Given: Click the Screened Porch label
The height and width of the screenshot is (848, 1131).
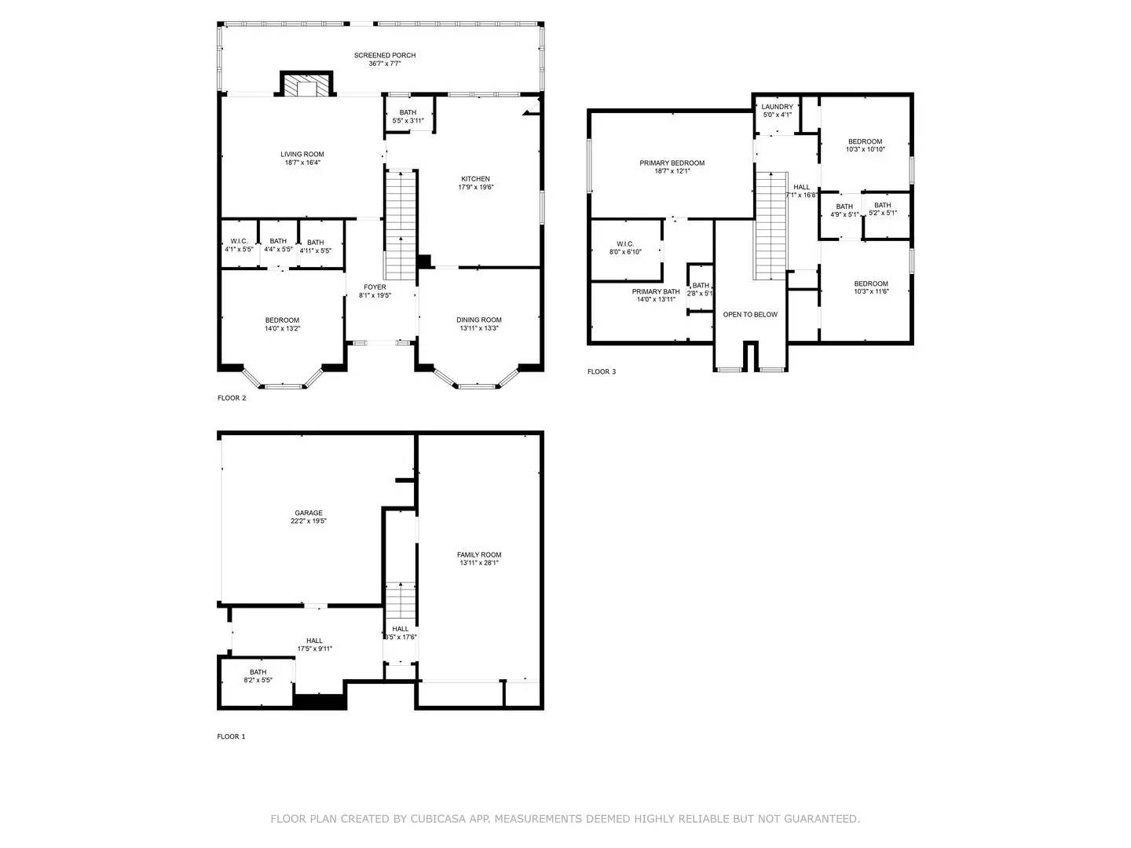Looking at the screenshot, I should (385, 56).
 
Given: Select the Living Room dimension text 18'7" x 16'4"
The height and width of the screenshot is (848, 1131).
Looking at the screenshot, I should (302, 163).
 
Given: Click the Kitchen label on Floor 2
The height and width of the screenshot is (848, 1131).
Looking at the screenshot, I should (475, 179).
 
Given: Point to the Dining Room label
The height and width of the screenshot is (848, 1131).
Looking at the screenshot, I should (479, 320).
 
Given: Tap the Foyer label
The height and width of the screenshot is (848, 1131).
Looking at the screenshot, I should (375, 287).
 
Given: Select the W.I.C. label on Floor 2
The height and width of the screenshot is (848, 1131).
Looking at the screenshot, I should (239, 241).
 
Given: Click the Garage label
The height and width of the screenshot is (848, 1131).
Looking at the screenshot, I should (309, 513).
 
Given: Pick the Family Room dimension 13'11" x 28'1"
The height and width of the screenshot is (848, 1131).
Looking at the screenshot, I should (479, 563).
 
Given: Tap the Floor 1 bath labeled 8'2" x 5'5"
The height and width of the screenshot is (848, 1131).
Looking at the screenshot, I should (258, 676).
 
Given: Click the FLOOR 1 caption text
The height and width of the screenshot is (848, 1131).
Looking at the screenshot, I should (231, 737).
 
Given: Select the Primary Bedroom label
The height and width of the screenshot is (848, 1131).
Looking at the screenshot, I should (672, 163).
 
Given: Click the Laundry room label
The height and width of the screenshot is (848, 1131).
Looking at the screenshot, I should (777, 107).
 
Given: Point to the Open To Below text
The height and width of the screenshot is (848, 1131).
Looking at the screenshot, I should (750, 314).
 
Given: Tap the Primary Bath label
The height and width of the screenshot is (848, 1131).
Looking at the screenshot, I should (656, 291).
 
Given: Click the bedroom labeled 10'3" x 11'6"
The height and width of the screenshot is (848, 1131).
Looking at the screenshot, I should (871, 287).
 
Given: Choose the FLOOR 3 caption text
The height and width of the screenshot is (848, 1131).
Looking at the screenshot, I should (602, 371).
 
